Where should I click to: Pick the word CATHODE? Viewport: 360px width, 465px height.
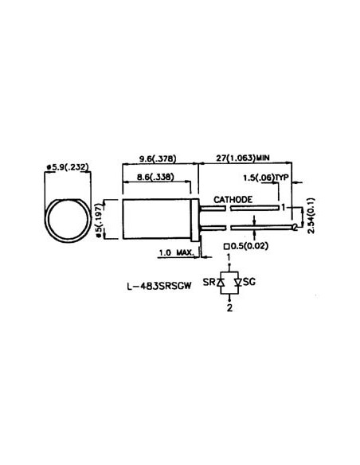233,198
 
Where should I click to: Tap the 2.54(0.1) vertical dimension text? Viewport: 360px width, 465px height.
311,213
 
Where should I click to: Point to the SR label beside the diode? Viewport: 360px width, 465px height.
209,283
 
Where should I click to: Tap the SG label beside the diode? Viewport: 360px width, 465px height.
248,283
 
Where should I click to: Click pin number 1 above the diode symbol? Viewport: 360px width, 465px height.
229,258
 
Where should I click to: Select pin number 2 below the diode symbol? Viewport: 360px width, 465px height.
229,307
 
